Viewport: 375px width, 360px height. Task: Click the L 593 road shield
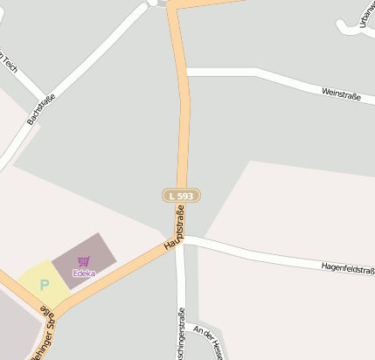[x=181, y=196]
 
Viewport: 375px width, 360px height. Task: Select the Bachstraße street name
[x=41, y=108]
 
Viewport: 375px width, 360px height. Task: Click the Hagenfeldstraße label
[x=348, y=267]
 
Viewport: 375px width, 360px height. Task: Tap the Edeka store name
[x=84, y=273]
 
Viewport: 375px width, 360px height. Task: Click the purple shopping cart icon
[x=84, y=261]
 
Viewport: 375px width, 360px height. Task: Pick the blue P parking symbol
[x=44, y=284]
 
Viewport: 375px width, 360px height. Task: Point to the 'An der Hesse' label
[x=211, y=343]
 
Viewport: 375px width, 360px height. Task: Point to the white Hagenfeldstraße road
[x=262, y=253]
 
